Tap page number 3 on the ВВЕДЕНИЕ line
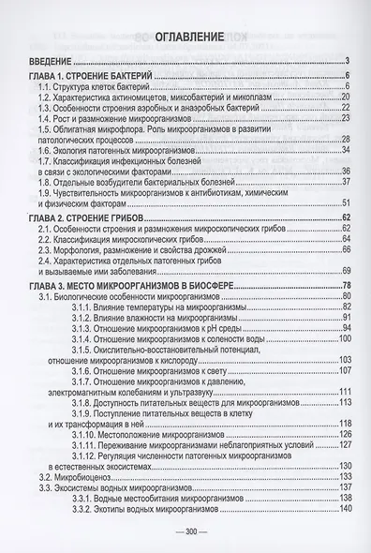click(x=347, y=63)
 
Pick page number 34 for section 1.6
click(x=345, y=148)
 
